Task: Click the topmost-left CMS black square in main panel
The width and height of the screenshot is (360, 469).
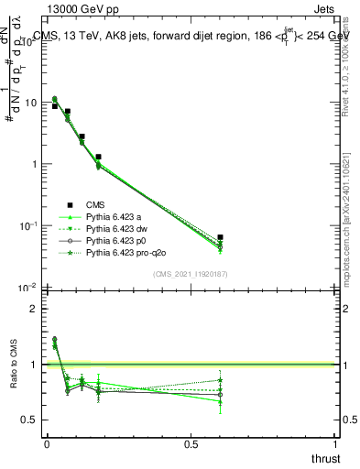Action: point(54,106)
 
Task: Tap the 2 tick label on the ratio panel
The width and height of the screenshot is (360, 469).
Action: point(34,309)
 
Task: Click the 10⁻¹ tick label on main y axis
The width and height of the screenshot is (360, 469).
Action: point(27,225)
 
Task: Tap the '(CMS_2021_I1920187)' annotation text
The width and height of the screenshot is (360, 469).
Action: point(191,274)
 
